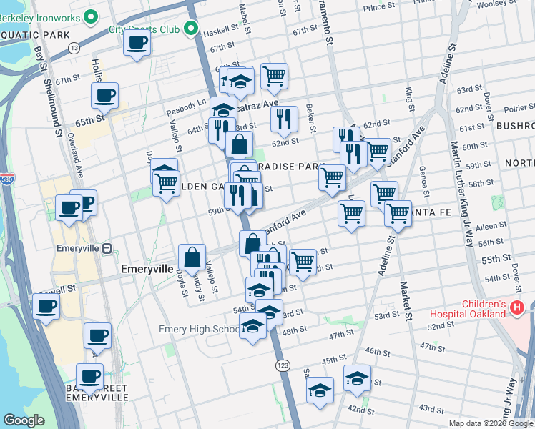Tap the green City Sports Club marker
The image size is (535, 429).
(x=190, y=29)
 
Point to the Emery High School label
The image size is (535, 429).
(x=199, y=330)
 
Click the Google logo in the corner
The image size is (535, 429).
(x=24, y=420)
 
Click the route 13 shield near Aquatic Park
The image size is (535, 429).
(x=74, y=47)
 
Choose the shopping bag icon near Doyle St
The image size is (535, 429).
(x=192, y=257)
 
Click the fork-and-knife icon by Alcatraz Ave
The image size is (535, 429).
(x=284, y=118)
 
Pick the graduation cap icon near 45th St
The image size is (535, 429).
(x=357, y=378)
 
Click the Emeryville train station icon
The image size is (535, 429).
(x=107, y=248)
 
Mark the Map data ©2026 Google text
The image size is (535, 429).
(x=491, y=423)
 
